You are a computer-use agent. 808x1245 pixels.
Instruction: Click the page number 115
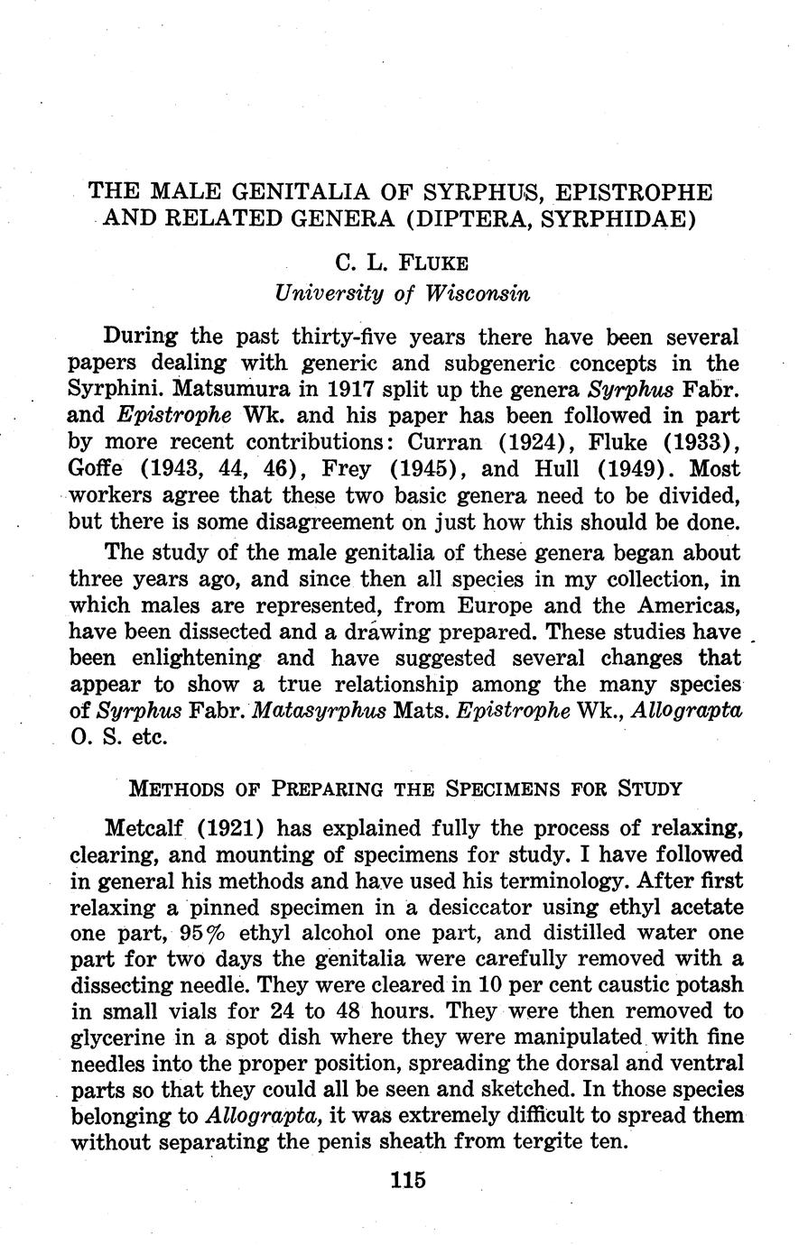pos(409,1180)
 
